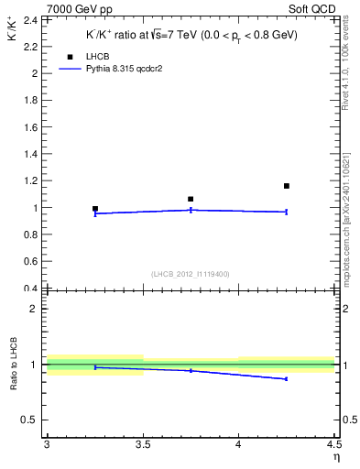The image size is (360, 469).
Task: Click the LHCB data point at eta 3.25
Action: (95, 209)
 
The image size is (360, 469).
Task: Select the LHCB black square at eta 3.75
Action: (191, 199)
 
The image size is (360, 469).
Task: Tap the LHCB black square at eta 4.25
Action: (287, 186)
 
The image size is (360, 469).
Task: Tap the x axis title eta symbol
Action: (335, 457)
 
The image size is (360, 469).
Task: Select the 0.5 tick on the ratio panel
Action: (31, 420)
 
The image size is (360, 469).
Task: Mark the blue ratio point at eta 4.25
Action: (287, 378)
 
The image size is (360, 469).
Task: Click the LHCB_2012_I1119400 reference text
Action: (191, 274)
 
